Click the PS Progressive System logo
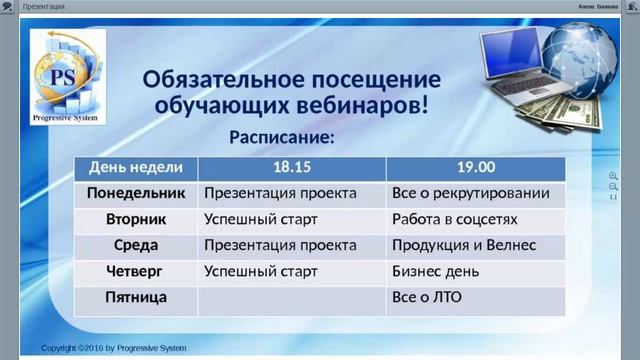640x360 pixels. pos(68,74)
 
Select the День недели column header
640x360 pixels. pos(136,167)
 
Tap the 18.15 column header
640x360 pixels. pos(291,167)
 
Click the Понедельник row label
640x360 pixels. pos(136,192)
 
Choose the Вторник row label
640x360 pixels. pos(136,219)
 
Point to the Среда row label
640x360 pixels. pos(136,245)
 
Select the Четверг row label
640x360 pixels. pos(136,271)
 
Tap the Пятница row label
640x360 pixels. pos(136,297)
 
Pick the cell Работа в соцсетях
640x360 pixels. pos(455,219)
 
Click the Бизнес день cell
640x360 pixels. pos(436,271)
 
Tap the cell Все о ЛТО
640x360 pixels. pos(427,297)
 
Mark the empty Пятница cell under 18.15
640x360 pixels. pos(291,297)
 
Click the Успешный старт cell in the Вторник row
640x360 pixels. pos(261,219)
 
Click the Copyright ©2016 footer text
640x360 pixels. pos(113,348)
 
